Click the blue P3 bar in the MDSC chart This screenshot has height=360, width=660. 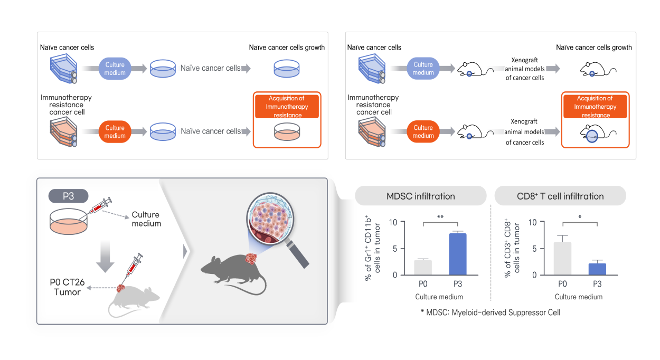point(458,254)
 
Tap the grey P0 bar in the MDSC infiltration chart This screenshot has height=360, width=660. point(423,267)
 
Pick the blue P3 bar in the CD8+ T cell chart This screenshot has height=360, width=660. point(597,269)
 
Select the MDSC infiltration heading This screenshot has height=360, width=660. point(420,196)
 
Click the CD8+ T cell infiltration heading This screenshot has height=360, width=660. point(560,196)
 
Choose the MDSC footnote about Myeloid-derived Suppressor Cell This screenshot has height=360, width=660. point(491,312)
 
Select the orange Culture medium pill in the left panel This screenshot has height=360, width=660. point(115,132)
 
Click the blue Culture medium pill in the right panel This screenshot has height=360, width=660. point(423,69)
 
